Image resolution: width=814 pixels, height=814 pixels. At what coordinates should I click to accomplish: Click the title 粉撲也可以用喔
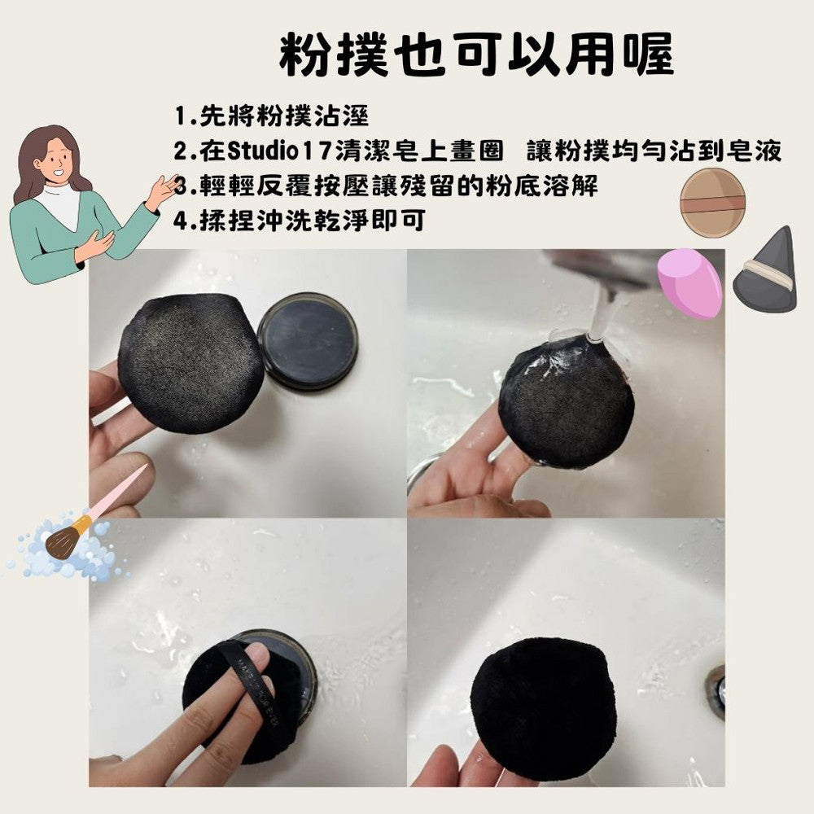tap(476, 55)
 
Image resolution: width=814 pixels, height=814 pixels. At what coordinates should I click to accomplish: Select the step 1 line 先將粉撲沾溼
tap(271, 116)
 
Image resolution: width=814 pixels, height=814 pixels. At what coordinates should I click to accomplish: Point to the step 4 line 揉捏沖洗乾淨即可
tap(300, 221)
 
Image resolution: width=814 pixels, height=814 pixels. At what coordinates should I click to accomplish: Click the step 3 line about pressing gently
tap(386, 186)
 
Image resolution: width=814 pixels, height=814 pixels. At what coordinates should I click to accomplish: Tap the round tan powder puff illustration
tap(712, 203)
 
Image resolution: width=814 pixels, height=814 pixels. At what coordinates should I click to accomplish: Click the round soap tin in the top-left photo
tap(308, 341)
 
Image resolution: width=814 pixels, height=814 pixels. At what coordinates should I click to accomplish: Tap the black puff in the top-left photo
tap(190, 363)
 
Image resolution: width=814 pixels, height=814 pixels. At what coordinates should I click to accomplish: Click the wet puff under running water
tap(566, 400)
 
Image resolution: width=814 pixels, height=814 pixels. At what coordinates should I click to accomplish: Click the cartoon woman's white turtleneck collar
tap(61, 205)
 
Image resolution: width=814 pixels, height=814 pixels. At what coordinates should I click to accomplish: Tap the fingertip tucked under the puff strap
tap(257, 655)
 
